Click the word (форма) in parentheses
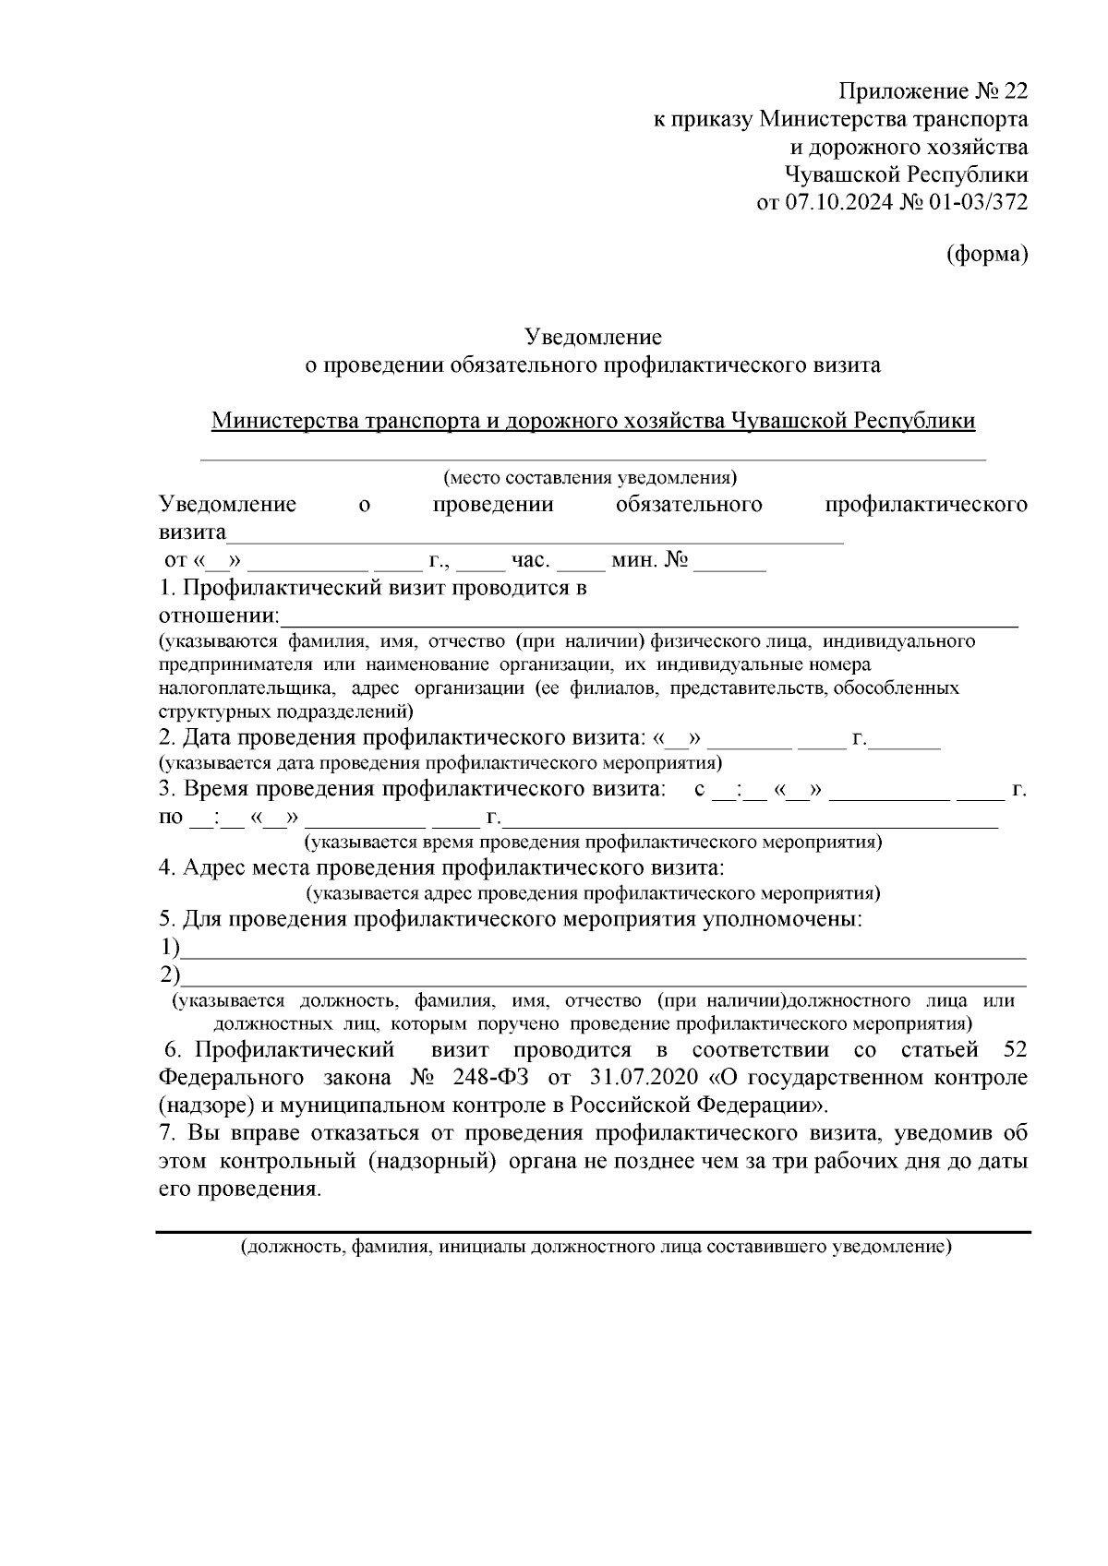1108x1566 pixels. [987, 256]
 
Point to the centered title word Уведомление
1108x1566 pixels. [593, 337]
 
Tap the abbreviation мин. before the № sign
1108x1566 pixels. [634, 560]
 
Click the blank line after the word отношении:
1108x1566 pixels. [646, 618]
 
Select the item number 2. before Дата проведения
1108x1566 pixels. [166, 739]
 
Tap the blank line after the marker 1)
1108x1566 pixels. [600, 950]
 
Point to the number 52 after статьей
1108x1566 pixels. [1013, 1051]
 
